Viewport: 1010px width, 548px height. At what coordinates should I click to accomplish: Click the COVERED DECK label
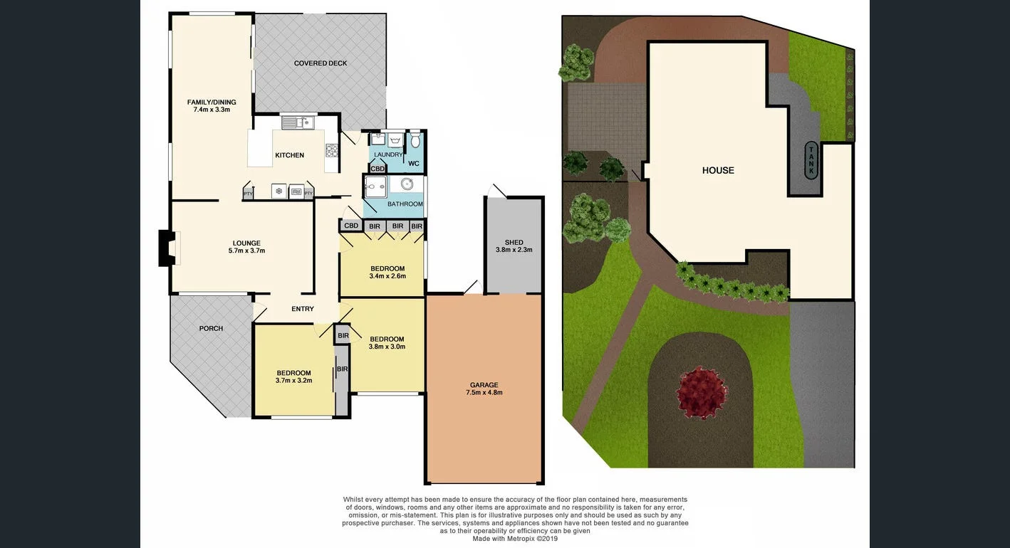point(321,63)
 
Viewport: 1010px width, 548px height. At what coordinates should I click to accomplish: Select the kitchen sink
point(297,123)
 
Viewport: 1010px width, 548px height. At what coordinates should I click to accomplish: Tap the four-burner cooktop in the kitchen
point(332,150)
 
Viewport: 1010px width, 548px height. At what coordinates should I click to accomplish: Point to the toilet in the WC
point(415,140)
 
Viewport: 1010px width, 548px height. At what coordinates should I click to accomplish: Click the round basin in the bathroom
point(407,185)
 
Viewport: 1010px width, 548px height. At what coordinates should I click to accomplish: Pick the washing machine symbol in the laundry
point(395,140)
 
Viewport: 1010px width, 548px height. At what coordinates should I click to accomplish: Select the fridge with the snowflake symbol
point(279,191)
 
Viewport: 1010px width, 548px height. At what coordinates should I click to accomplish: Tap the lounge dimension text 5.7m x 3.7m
point(246,251)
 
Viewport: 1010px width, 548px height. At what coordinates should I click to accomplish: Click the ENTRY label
point(303,309)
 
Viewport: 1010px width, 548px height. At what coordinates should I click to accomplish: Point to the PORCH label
point(211,328)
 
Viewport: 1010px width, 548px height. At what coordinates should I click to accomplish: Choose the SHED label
point(514,243)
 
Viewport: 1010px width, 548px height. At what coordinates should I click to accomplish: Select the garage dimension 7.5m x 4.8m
point(484,392)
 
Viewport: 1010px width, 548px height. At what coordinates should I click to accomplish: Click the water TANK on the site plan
point(811,159)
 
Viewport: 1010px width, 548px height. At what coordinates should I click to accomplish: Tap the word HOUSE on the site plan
point(718,170)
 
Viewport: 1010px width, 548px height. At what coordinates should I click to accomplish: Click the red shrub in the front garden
point(702,391)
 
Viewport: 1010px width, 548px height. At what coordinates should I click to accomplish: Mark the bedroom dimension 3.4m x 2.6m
point(387,276)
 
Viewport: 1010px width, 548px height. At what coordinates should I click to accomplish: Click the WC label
point(414,164)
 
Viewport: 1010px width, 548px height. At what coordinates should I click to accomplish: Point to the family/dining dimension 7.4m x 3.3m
point(212,110)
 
